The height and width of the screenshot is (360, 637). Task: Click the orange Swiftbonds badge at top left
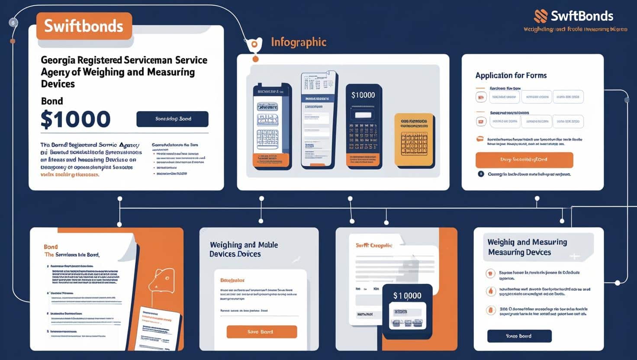point(84,26)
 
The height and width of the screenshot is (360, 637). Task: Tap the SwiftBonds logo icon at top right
point(540,16)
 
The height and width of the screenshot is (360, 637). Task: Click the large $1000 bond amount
point(75,119)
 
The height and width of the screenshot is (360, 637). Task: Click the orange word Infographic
point(299,42)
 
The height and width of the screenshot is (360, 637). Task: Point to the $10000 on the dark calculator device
point(363,95)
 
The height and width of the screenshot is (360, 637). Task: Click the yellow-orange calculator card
point(414,140)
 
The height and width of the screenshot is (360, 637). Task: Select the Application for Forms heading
point(511,75)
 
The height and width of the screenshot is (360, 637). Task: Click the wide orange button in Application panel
point(524,160)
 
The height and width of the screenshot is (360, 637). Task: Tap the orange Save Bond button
point(261,332)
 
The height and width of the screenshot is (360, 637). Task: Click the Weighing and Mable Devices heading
point(244,249)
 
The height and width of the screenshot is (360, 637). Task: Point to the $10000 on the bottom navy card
point(407,296)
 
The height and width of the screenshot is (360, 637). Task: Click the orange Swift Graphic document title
point(374,245)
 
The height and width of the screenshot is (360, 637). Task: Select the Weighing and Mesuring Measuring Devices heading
point(527,247)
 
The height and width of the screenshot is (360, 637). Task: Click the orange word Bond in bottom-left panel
point(51,247)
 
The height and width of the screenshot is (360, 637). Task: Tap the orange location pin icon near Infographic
point(254,45)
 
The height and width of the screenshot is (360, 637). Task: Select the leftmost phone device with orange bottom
point(272,125)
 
